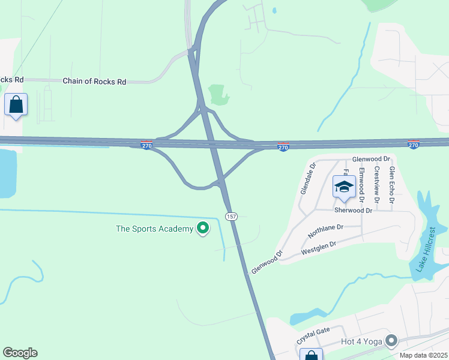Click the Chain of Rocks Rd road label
(x=94, y=81)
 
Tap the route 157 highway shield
(x=231, y=216)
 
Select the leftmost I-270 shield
(x=146, y=145)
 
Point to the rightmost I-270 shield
(x=413, y=145)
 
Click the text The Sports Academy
(x=155, y=229)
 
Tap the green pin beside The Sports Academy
(x=203, y=228)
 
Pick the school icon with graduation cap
(x=344, y=187)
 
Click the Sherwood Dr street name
(x=353, y=211)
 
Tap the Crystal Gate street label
(x=313, y=336)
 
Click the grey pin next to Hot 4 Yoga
(x=392, y=341)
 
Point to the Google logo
(x=20, y=353)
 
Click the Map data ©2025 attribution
(x=423, y=355)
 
